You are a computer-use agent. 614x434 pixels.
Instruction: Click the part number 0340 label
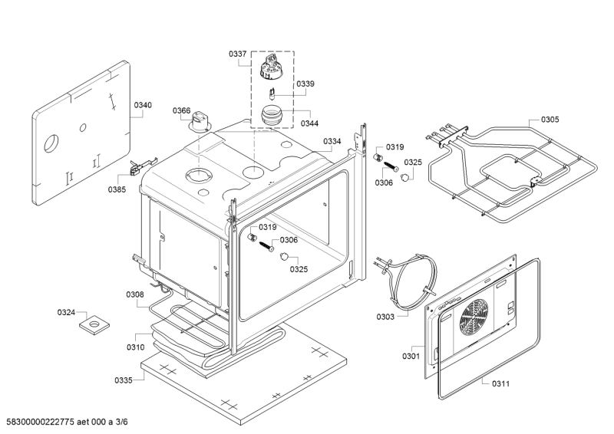143,105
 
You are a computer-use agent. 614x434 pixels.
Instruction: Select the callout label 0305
550,120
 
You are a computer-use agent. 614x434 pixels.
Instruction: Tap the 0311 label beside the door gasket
501,384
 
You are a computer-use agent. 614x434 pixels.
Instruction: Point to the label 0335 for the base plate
124,380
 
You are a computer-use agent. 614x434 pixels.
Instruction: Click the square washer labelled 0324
94,324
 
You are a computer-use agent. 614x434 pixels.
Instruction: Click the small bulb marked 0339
272,94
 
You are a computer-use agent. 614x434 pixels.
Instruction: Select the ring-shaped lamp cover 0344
271,116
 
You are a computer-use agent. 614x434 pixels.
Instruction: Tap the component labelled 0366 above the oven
200,121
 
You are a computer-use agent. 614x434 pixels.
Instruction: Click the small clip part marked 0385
142,166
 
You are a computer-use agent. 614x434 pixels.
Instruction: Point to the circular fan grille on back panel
474,317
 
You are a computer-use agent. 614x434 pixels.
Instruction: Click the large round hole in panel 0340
51,143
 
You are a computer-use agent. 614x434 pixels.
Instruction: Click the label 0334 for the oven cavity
332,141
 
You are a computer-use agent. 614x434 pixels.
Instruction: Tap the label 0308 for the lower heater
135,294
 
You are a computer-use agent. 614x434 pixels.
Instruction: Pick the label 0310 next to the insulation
136,347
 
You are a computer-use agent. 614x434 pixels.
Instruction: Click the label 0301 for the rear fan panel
411,356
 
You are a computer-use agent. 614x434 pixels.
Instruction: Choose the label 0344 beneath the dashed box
310,123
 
